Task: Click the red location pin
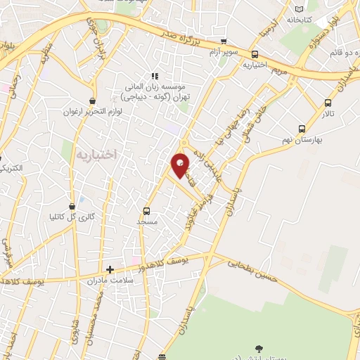pyautogui.click(x=181, y=165)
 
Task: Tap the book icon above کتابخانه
pyautogui.click(x=301, y=8)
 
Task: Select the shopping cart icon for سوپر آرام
pyautogui.click(x=224, y=41)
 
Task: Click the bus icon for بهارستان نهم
pyautogui.click(x=302, y=129)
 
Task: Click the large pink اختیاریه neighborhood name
pyautogui.click(x=95, y=153)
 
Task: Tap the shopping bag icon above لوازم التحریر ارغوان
pyautogui.click(x=92, y=101)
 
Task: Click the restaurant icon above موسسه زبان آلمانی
pyautogui.click(x=155, y=76)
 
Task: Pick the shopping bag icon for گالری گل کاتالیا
pyautogui.click(x=72, y=205)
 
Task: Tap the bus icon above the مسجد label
pyautogui.click(x=147, y=210)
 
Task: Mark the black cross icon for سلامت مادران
pyautogui.click(x=109, y=269)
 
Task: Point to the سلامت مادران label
pyautogui.click(x=105, y=280)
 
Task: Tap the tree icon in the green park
pyautogui.click(x=258, y=347)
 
